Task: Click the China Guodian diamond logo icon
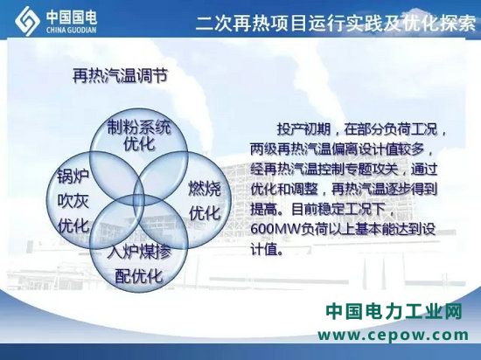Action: pyautogui.click(x=27, y=21)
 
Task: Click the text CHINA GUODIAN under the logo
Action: pyautogui.click(x=72, y=30)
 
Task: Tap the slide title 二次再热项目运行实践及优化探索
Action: pyautogui.click(x=336, y=23)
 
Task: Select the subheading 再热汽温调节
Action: pyautogui.click(x=121, y=75)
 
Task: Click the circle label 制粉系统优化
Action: pyautogui.click(x=139, y=135)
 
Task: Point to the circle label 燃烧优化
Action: pyautogui.click(x=205, y=200)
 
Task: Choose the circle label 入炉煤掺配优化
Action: pyautogui.click(x=139, y=263)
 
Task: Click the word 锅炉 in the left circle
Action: pyautogui.click(x=73, y=177)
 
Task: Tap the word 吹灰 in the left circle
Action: pyautogui.click(x=73, y=201)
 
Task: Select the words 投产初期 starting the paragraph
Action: pyautogui.click(x=303, y=129)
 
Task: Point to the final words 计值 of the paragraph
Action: pyautogui.click(x=263, y=249)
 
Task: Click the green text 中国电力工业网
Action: pyautogui.click(x=394, y=312)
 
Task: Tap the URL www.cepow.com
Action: pyautogui.click(x=394, y=335)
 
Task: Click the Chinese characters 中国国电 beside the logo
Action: pyautogui.click(x=72, y=17)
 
